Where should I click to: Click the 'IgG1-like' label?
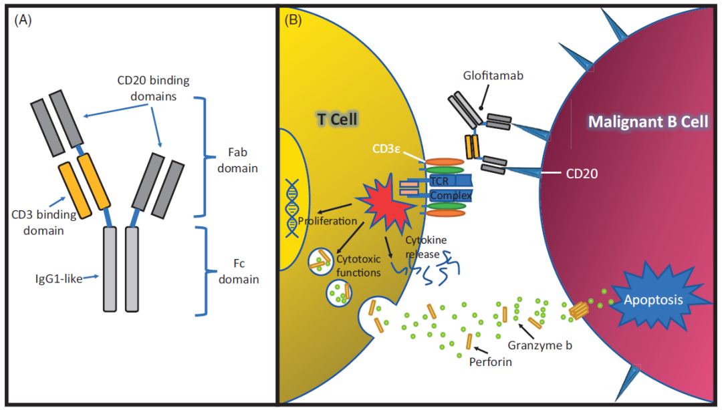coord(59,279)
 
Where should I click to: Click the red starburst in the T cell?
coord(388,200)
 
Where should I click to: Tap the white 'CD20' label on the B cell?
coord(581,174)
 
